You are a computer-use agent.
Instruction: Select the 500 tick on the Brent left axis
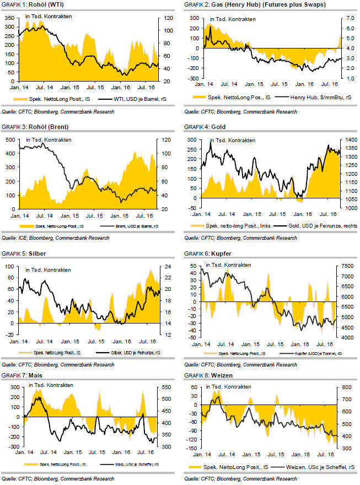[x=9, y=140]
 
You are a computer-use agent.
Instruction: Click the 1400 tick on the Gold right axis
[x=347, y=141]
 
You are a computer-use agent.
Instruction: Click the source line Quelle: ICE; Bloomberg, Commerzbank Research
[x=55, y=238]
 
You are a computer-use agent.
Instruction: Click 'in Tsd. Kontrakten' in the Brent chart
[x=48, y=140]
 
